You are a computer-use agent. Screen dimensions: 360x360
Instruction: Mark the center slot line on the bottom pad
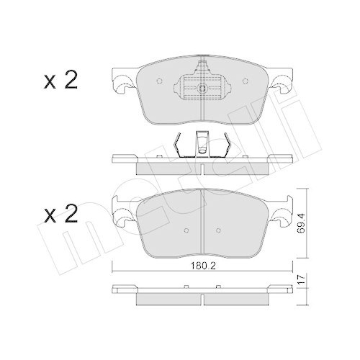click(202, 223)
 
